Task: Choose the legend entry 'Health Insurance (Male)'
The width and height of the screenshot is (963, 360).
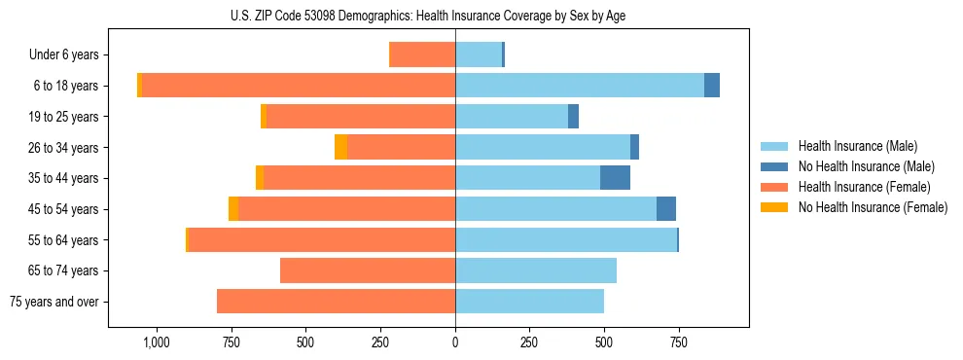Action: (x=857, y=146)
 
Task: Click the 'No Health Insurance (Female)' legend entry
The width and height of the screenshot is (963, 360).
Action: (x=873, y=207)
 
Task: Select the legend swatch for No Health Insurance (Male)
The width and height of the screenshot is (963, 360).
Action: (x=774, y=166)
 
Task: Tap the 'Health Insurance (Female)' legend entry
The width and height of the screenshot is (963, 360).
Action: (x=864, y=187)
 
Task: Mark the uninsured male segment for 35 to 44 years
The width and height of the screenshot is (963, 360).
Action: (x=615, y=178)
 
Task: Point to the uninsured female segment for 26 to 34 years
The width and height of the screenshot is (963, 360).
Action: (x=340, y=147)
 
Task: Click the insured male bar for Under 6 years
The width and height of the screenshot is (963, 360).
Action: (x=479, y=55)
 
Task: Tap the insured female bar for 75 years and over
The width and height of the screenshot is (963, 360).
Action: (x=336, y=302)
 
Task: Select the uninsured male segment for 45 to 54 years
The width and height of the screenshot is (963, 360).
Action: (x=666, y=209)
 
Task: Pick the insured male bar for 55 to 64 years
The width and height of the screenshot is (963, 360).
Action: (x=566, y=239)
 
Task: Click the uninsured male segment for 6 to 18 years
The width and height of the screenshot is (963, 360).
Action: (x=712, y=86)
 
